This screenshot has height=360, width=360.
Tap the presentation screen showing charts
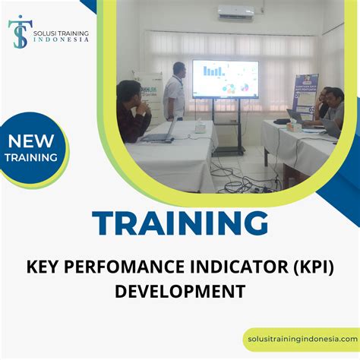(x=225, y=80)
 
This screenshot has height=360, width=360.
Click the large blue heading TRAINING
(x=179, y=223)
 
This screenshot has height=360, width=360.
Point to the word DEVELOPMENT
(x=180, y=290)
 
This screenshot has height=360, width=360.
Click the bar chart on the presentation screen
(x=213, y=71)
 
